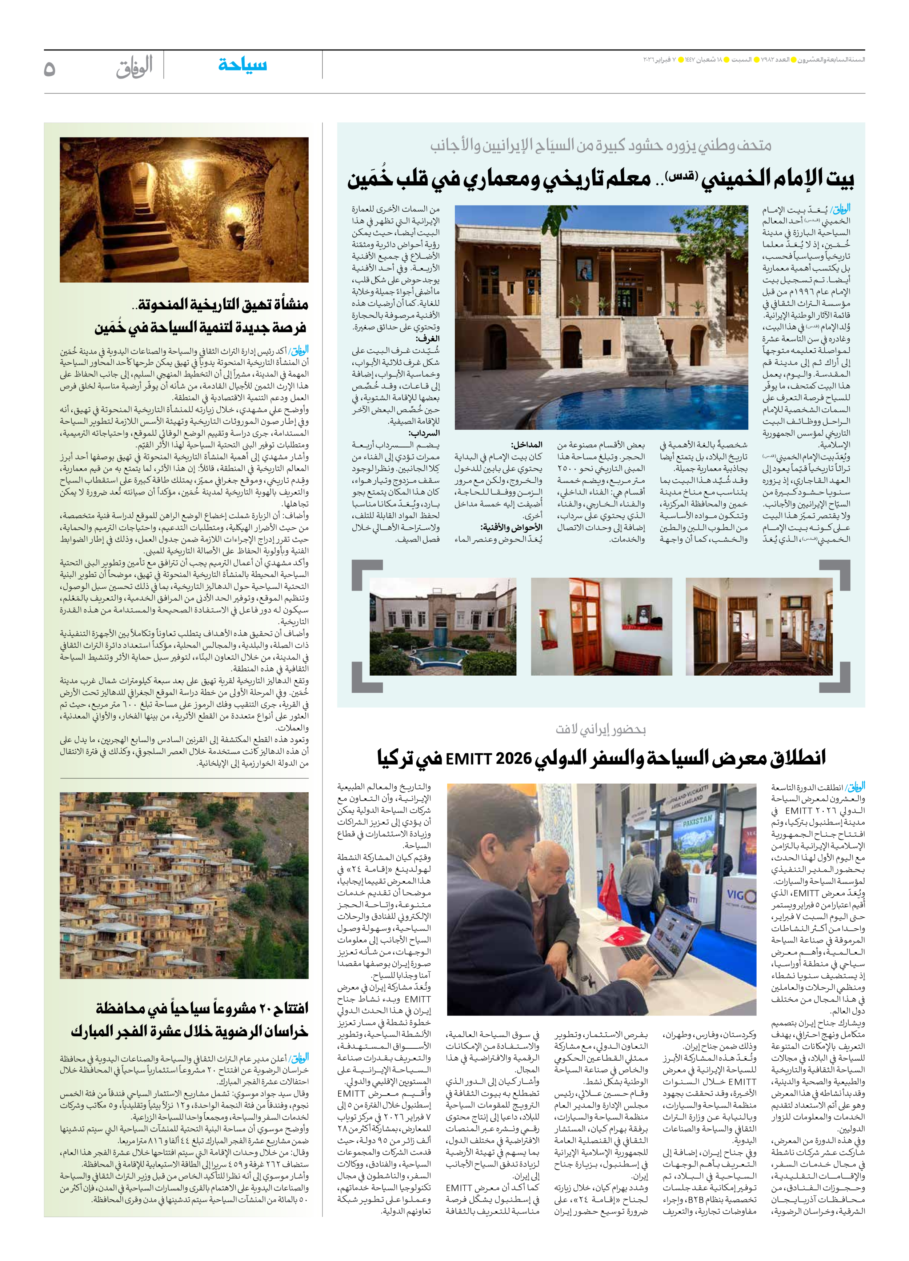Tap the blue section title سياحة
[243, 65]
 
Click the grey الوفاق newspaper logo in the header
[134, 67]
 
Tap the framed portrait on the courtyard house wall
[582, 270]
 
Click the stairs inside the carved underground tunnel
[121, 245]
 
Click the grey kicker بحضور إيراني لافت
[600, 729]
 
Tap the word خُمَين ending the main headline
[371, 180]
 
